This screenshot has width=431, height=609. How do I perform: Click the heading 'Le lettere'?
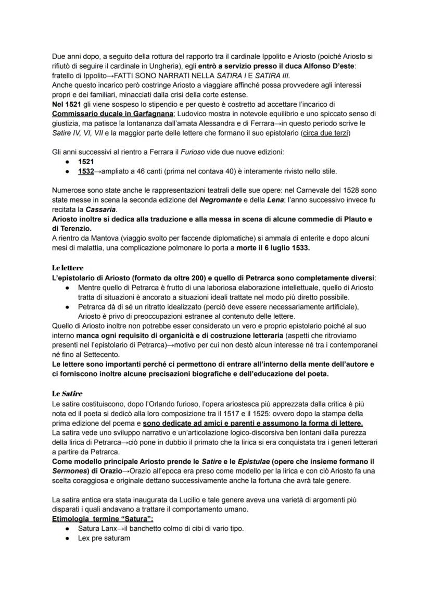(x=68, y=268)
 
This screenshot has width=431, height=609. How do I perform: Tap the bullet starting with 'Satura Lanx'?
(x=160, y=528)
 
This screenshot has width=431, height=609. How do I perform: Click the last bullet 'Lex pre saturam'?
(x=104, y=538)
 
